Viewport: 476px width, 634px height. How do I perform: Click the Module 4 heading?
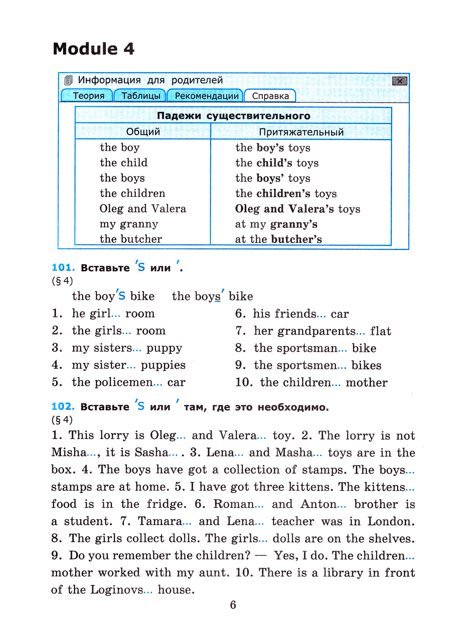tap(94, 49)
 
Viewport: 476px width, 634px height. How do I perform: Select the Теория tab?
tap(88, 96)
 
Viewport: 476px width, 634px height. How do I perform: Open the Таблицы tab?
tap(140, 96)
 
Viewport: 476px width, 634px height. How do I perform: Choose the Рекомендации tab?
tap(206, 96)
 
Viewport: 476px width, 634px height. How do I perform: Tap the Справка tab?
tap(270, 96)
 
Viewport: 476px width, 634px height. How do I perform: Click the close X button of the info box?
tap(399, 81)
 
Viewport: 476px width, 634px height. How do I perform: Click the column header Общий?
tap(143, 132)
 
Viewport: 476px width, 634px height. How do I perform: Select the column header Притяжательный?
tap(301, 132)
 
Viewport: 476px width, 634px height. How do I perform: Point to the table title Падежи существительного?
tap(233, 116)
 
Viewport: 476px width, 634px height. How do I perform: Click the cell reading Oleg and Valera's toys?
tap(297, 209)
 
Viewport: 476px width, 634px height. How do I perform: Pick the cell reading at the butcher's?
tap(278, 239)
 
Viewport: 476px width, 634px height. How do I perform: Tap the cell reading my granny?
tap(129, 224)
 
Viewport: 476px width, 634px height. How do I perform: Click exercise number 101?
tap(63, 268)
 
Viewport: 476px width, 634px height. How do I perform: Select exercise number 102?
tap(63, 407)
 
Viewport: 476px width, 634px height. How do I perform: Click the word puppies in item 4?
tap(163, 365)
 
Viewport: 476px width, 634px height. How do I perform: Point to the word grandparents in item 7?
tap(305, 331)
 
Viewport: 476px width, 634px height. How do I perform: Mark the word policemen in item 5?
tap(112, 382)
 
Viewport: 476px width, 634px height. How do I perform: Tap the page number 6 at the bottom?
tap(233, 605)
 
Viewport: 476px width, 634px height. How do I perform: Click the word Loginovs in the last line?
tap(117, 590)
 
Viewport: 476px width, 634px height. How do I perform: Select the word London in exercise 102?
tap(390, 521)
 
